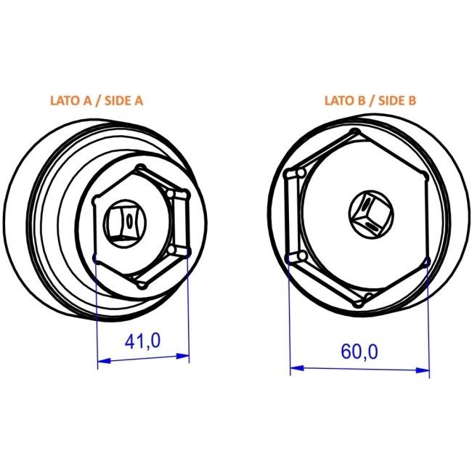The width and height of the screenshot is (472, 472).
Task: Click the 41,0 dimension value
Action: [142, 341]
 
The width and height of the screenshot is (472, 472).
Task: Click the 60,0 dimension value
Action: [359, 351]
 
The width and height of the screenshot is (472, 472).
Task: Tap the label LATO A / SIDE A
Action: [97, 100]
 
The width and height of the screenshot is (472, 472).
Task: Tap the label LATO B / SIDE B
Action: [370, 100]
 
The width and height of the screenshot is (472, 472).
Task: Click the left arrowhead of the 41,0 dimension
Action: [104, 360]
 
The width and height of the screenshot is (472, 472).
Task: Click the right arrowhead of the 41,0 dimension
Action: [183, 356]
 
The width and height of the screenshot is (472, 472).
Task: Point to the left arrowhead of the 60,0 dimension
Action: [296, 368]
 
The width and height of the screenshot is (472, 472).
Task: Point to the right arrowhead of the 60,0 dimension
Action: [423, 370]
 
